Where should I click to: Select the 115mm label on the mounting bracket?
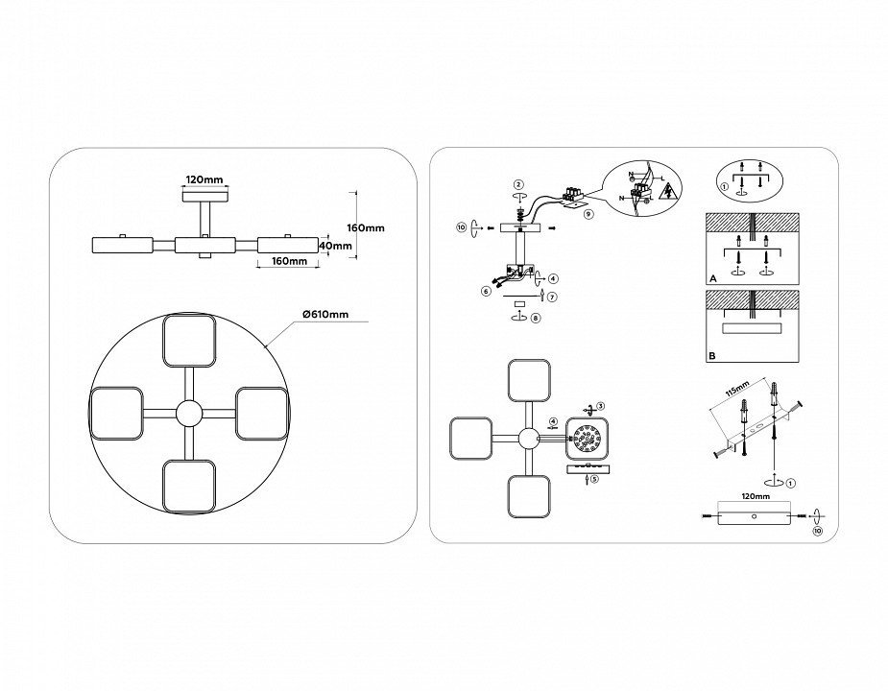[737, 393]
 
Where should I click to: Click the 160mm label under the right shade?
[290, 261]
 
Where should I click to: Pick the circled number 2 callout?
[518, 183]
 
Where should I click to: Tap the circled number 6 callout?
[486, 290]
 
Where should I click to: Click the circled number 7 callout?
[552, 297]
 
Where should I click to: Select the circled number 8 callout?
[536, 317]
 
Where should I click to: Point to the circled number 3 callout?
[601, 407]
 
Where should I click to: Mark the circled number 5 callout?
[594, 478]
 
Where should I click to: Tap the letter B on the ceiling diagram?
[712, 355]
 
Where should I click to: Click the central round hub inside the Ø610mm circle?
[189, 414]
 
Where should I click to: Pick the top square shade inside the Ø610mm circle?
[189, 340]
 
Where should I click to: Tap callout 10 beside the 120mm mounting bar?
[817, 530]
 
